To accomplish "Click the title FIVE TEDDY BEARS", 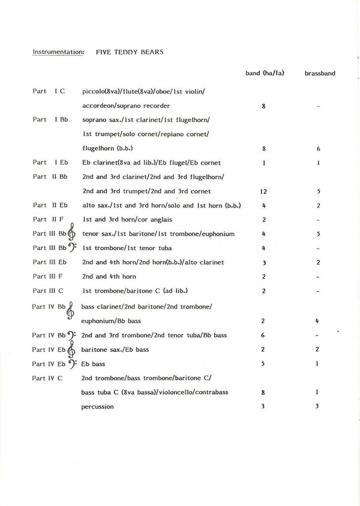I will pos(130,51).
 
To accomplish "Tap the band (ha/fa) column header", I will pos(265,73).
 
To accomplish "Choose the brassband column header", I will pos(320,73).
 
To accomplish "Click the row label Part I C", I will pos(49,91).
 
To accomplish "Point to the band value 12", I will pos(264,191).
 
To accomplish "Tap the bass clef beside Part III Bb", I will pos(72,248).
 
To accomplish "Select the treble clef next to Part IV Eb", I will pos(71,350).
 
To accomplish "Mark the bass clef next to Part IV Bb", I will pos(72,335).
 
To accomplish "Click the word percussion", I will pos(97,407).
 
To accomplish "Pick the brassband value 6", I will pos(318,148).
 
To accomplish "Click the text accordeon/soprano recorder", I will pos(126,105).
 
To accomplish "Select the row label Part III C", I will pos(48,291).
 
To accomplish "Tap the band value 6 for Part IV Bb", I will pos(263,335).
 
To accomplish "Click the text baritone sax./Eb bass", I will pos(115,349).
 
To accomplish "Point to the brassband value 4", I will pos(317,321).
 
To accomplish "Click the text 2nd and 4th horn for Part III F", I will pos(109,276).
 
